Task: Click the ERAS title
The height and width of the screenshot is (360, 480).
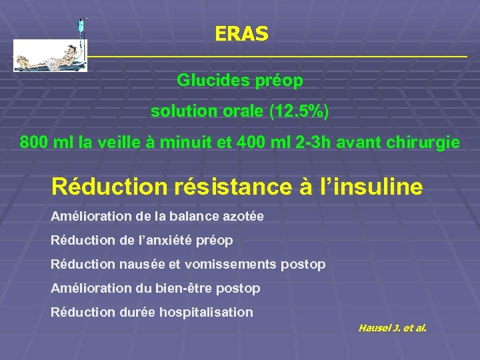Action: pos(241,34)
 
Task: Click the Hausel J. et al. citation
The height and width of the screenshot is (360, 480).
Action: pos(392,328)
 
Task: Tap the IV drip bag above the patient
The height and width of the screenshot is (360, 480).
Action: pos(80,28)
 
